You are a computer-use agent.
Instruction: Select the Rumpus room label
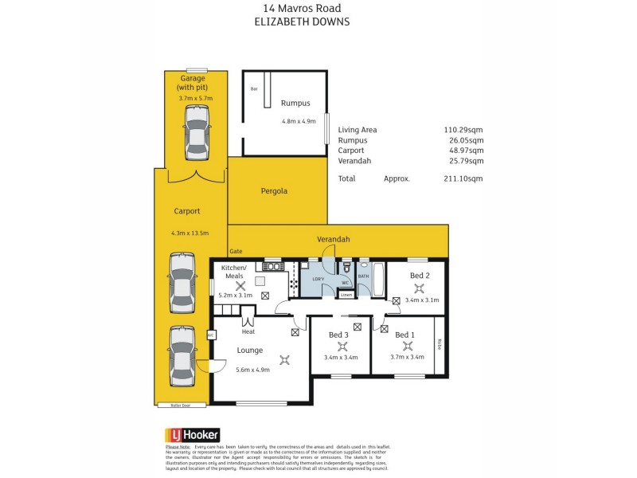click(295, 103)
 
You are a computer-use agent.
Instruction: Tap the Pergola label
click(273, 191)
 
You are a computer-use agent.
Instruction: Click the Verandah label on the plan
click(333, 238)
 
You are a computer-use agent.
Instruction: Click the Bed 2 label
click(420, 275)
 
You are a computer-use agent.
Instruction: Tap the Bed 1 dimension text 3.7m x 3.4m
click(407, 358)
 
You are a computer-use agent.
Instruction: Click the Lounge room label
click(249, 349)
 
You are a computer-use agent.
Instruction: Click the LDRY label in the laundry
click(318, 278)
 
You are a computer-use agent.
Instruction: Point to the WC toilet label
click(346, 283)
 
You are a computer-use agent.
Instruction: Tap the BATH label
click(364, 276)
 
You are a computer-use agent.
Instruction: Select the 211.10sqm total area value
click(463, 179)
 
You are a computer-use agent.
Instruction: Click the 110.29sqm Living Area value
click(463, 129)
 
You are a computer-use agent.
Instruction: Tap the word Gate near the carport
click(236, 251)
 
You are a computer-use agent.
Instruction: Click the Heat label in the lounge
click(248, 331)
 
